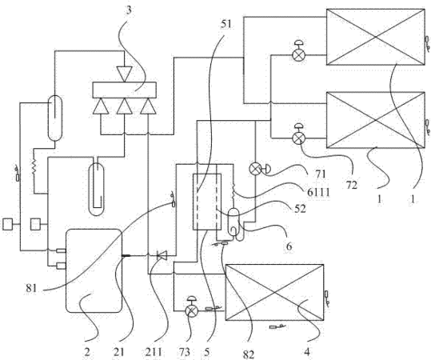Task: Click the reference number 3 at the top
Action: [x=129, y=10]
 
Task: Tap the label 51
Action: [x=226, y=24]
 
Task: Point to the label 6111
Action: [x=318, y=192]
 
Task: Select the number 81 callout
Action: [x=32, y=288]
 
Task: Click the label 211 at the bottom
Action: [x=154, y=352]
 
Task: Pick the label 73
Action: [x=185, y=352]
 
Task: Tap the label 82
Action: [x=249, y=354]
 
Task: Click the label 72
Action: [x=351, y=185]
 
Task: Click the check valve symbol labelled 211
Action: [x=162, y=255]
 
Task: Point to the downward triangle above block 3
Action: [x=124, y=74]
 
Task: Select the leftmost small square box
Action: [x=8, y=224]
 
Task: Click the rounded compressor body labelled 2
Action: [x=94, y=270]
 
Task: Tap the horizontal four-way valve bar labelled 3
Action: [x=124, y=90]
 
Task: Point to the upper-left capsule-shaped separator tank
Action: [x=55, y=118]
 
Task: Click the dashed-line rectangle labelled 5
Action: [x=207, y=202]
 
